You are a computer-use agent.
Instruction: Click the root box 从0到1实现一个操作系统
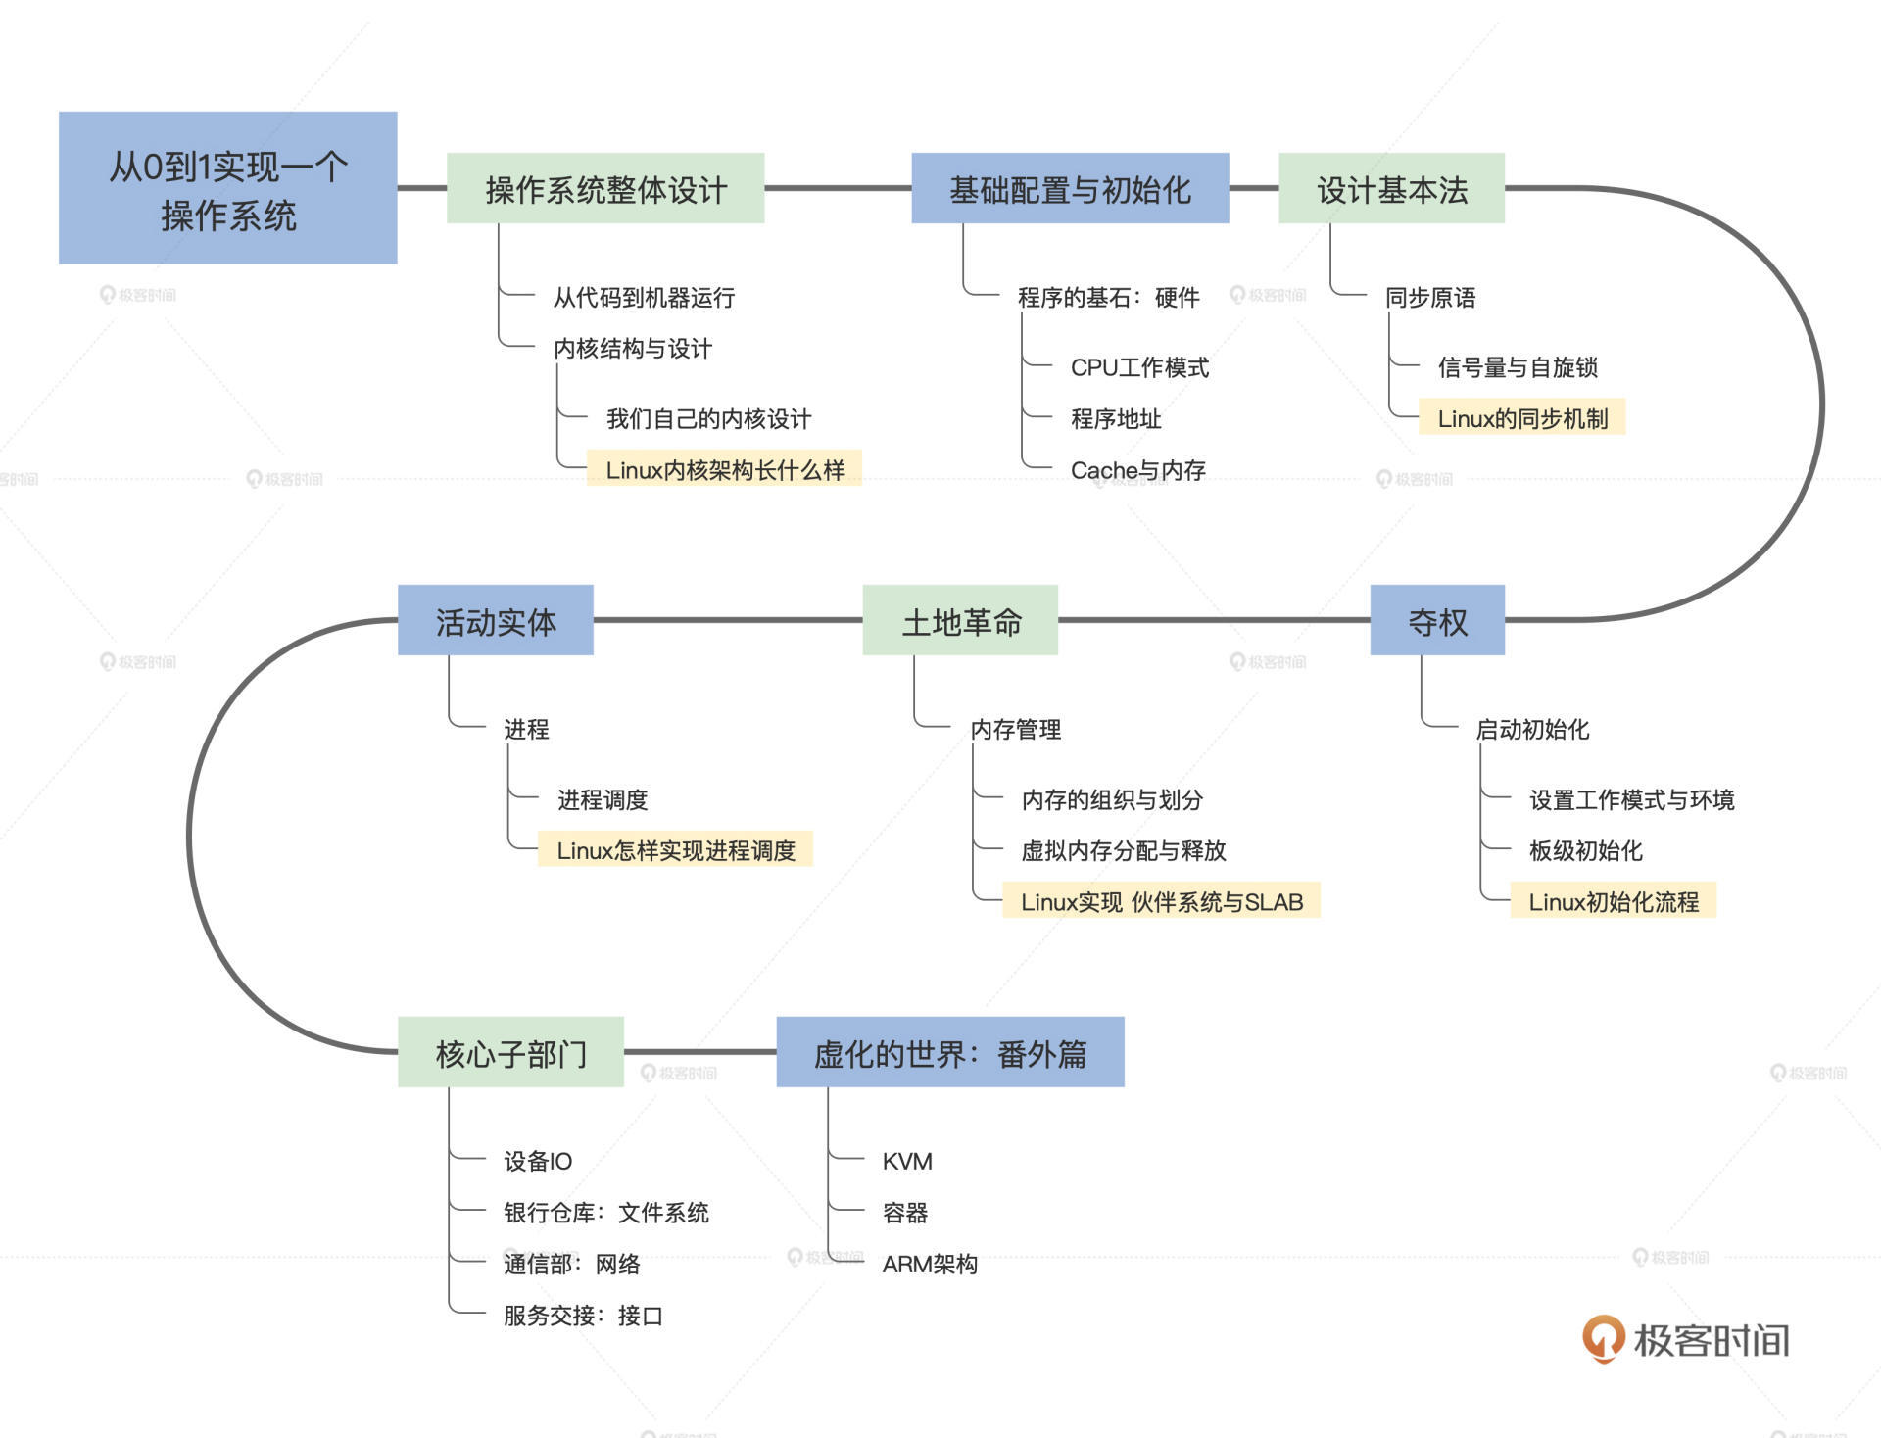coord(227,188)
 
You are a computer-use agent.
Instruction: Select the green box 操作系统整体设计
coord(605,189)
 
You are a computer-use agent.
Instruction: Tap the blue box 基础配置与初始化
coord(1070,189)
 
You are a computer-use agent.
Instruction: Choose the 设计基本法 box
coord(1391,189)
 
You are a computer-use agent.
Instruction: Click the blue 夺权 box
coord(1437,621)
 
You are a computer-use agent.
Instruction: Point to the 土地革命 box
coord(960,621)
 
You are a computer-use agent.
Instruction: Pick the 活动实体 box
coord(496,621)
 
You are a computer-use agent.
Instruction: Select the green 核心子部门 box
coord(510,1053)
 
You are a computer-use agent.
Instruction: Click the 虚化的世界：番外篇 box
coord(950,1053)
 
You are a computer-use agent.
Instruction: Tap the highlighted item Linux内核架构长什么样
coord(725,470)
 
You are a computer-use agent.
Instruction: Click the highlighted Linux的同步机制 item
coord(1522,418)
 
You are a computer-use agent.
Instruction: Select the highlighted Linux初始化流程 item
coord(1614,901)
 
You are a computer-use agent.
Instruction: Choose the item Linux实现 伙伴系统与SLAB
coord(1162,901)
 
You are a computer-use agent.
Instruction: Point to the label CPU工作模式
coord(1139,367)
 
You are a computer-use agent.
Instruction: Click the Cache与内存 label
coord(1137,470)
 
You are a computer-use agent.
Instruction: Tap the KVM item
coord(907,1161)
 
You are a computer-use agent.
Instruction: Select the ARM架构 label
coord(930,1264)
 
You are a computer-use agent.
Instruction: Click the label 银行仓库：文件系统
coord(605,1213)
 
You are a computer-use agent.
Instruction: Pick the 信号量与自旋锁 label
coord(1518,367)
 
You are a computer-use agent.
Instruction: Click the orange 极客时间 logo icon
coord(1603,1338)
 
